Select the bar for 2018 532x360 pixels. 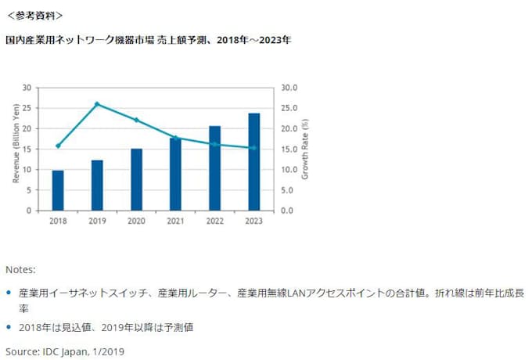point(58,190)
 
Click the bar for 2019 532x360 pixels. point(97,185)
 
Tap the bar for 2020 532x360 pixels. point(136,180)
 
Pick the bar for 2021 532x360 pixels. point(175,175)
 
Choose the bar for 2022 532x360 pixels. point(214,168)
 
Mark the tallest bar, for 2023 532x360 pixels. point(253,162)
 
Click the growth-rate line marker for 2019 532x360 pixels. point(97,103)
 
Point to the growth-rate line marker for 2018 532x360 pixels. point(58,146)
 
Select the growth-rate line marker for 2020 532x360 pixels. point(136,120)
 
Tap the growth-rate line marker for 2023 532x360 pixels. point(253,148)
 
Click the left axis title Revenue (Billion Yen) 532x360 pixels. point(15,149)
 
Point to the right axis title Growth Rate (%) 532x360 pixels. point(304,149)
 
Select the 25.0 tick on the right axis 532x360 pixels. point(287,108)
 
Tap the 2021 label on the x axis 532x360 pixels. point(175,221)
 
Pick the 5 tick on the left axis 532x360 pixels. point(30,190)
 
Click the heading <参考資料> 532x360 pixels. point(35,15)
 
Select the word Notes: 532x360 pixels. point(20,269)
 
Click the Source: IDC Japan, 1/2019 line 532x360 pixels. point(65,351)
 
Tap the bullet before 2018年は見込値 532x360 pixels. point(9,328)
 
